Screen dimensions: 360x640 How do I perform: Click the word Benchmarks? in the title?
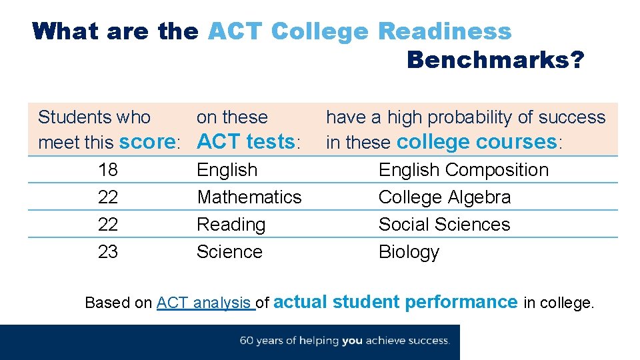pyautogui.click(x=495, y=60)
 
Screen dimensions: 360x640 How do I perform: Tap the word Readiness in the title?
pyautogui.click(x=445, y=31)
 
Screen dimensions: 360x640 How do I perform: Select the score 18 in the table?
pyautogui.click(x=107, y=170)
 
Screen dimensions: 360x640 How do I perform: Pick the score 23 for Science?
pyautogui.click(x=107, y=252)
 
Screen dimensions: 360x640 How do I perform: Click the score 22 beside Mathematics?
pyautogui.click(x=107, y=197)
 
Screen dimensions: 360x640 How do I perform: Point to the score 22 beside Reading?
pyautogui.click(x=107, y=225)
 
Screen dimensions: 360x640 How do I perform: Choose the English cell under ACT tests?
pyautogui.click(x=227, y=170)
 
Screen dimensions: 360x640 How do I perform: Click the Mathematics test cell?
pyautogui.click(x=249, y=197)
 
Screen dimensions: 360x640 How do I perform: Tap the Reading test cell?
pyautogui.click(x=231, y=225)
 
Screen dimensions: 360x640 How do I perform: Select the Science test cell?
pyautogui.click(x=229, y=252)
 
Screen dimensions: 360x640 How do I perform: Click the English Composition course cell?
pyautogui.click(x=463, y=170)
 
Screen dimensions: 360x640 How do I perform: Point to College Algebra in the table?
pyautogui.click(x=445, y=197)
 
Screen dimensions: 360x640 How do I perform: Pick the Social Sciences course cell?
pyautogui.click(x=444, y=225)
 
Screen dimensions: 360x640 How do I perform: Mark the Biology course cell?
pyautogui.click(x=409, y=252)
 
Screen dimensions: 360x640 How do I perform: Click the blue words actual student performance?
pyautogui.click(x=395, y=302)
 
